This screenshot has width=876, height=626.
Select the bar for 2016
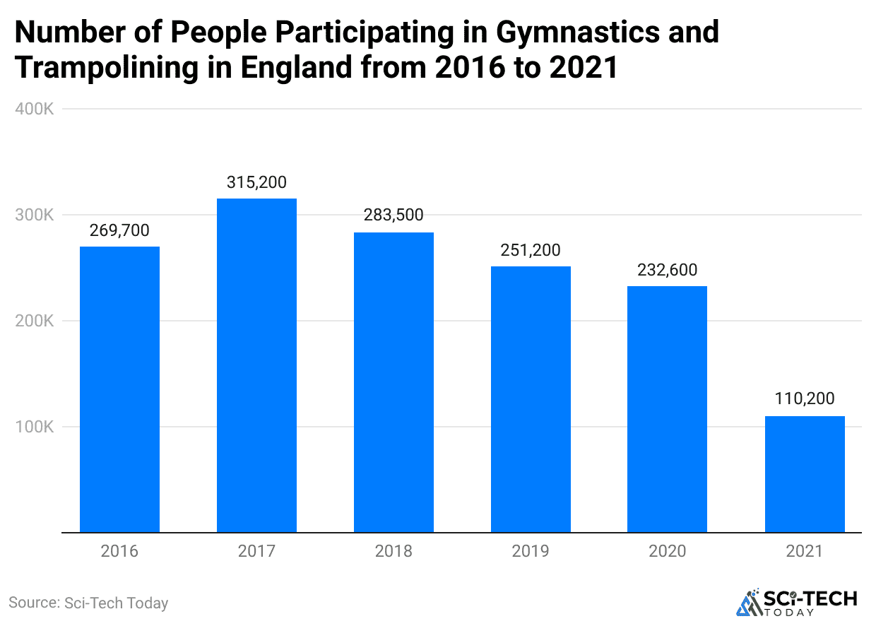[119, 389]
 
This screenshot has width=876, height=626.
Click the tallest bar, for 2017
[256, 365]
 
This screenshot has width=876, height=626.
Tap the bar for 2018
[393, 382]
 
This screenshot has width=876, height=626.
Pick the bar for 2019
[531, 399]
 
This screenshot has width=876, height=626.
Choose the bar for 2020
[667, 409]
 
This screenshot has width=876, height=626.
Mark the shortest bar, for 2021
[805, 474]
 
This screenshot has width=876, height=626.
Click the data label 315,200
[256, 182]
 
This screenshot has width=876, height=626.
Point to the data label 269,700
[119, 230]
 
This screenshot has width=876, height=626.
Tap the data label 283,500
[393, 215]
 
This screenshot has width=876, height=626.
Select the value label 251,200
[531, 250]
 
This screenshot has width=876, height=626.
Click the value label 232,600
[667, 270]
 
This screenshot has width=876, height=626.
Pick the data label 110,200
[805, 400]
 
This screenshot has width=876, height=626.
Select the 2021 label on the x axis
[805, 551]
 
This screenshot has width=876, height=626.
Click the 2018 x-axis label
[393, 551]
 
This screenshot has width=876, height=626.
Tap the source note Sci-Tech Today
[88, 603]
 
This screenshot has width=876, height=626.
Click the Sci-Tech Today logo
[796, 603]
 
